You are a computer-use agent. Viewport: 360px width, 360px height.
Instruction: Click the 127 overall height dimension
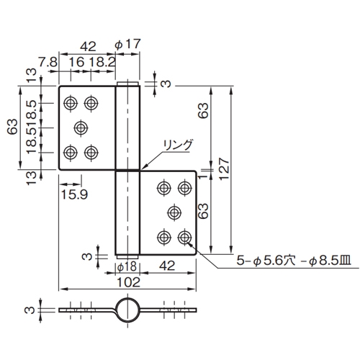(224, 168)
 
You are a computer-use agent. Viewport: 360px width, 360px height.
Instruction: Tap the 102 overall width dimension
(128, 282)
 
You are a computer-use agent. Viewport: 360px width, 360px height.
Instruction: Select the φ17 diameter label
(127, 45)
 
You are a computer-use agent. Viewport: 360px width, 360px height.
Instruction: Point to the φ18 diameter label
(127, 267)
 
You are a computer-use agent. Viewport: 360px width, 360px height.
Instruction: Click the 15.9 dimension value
(74, 194)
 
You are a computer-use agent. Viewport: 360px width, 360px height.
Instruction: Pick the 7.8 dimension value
(48, 63)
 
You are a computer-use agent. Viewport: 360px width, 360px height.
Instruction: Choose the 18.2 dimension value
(102, 63)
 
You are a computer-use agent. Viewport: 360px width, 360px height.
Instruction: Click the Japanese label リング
(178, 145)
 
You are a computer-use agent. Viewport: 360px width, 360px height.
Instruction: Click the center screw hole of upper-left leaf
(81, 127)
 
